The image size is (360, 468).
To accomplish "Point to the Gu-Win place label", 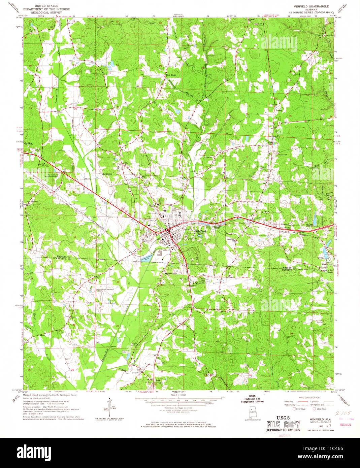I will point(28,143).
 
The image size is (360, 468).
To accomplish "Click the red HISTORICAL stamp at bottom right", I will point(345,425).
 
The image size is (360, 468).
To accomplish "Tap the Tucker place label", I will point(279,110).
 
